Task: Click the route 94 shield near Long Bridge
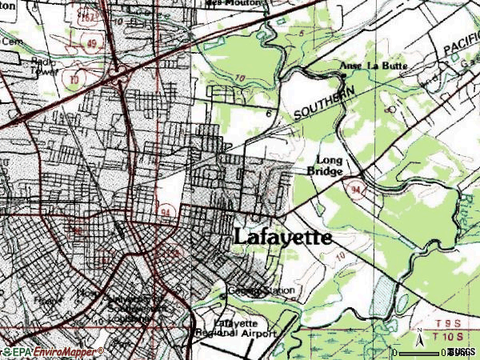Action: [x=354, y=187]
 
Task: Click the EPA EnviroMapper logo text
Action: [x=52, y=352]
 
